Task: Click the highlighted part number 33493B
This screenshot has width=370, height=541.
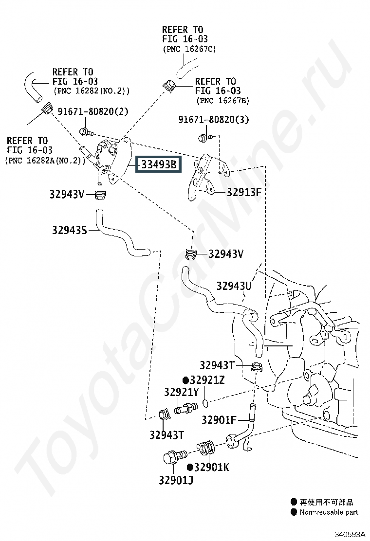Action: (158, 164)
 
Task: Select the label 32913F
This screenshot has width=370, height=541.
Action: (244, 192)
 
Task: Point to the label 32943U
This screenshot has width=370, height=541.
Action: (234, 286)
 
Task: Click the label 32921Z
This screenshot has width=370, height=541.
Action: (207, 380)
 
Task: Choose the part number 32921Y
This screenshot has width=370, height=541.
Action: (181, 392)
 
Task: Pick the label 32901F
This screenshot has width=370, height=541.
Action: (219, 419)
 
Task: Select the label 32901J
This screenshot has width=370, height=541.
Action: (176, 481)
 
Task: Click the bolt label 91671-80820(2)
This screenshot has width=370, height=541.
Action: (93, 111)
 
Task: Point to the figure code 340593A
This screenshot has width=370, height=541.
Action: (349, 534)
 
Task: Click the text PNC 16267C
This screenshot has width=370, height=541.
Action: (189, 49)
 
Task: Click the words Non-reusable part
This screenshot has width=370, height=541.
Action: (329, 512)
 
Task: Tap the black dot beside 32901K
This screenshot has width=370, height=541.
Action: (190, 467)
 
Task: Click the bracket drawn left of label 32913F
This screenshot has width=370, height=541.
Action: (204, 178)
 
